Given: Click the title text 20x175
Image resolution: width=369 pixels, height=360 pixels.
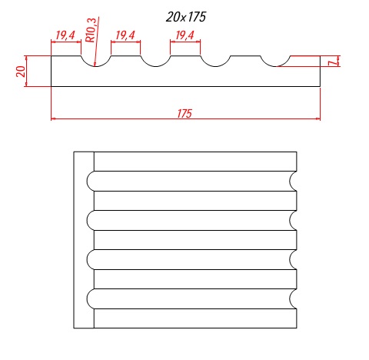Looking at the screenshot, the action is click(186, 17).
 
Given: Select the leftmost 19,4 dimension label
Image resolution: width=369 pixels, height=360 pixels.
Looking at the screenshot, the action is click(65, 35).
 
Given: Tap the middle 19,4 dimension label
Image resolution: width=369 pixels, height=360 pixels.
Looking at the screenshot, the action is click(125, 35).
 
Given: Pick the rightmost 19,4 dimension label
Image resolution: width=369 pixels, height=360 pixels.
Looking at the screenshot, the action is click(185, 35).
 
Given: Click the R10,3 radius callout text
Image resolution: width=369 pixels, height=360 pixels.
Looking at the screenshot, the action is click(91, 30).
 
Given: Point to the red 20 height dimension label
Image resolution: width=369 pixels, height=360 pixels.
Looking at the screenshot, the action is click(21, 72).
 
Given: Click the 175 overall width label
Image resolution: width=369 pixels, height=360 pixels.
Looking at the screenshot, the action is click(184, 114).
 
